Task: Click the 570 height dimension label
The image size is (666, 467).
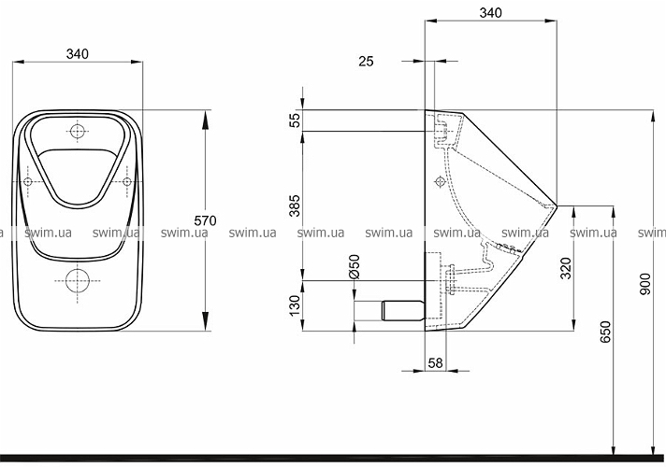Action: [205, 220]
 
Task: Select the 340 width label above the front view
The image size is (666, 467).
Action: [78, 54]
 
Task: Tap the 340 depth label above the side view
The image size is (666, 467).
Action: [490, 13]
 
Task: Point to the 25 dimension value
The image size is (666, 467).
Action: [366, 62]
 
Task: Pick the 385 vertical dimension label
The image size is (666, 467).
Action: [295, 205]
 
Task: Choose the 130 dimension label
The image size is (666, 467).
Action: [295, 305]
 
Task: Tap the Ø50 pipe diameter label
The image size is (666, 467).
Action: [354, 266]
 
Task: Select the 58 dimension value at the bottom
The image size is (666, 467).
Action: [435, 363]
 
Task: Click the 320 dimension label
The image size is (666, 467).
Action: [566, 268]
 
